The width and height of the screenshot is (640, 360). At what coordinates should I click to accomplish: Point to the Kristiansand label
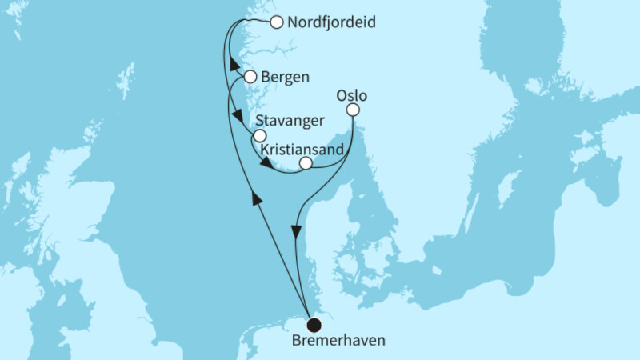(302, 149)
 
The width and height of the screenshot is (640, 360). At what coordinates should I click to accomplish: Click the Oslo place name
(352, 95)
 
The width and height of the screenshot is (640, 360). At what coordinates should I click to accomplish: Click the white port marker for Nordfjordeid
(276, 22)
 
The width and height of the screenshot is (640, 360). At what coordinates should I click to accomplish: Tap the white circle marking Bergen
(250, 78)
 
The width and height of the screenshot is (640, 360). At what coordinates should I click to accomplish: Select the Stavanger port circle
(258, 136)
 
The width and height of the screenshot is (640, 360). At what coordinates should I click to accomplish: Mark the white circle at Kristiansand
(305, 164)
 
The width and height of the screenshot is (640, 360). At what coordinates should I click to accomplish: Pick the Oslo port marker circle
(353, 110)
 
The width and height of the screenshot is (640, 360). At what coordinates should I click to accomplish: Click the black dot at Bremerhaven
(314, 324)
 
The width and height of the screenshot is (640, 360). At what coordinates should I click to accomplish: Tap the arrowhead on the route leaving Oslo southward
(297, 232)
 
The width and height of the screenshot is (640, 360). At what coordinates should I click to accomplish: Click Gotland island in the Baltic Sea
(506, 192)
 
